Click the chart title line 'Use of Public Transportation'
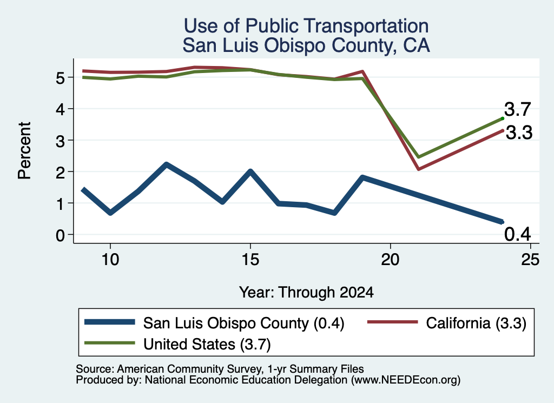click(306, 26)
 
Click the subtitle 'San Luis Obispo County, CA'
click(306, 45)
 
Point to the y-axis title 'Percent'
click(24, 151)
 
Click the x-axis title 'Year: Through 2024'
click(306, 293)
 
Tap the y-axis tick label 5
click(61, 78)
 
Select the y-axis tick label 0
click(61, 235)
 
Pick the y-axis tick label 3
click(61, 141)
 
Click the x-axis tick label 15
click(250, 260)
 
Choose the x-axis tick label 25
click(530, 260)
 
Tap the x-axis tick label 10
click(110, 260)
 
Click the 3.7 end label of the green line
click(517, 109)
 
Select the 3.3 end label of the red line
click(519, 133)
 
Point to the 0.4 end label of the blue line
click(517, 234)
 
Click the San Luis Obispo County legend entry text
click(243, 323)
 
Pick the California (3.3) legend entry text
click(476, 323)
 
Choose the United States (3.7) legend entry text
click(207, 344)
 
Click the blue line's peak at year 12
click(167, 164)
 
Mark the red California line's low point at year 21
click(418, 169)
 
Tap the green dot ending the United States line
click(503, 118)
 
